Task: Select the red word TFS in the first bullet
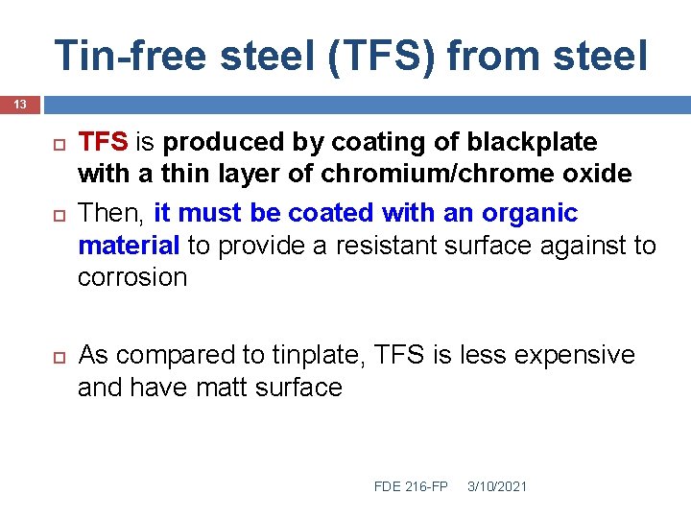(x=103, y=142)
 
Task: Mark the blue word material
(x=128, y=246)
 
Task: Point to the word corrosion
(x=132, y=278)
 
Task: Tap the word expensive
(x=574, y=355)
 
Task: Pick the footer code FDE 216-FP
(x=411, y=486)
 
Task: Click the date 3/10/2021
(x=497, y=486)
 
